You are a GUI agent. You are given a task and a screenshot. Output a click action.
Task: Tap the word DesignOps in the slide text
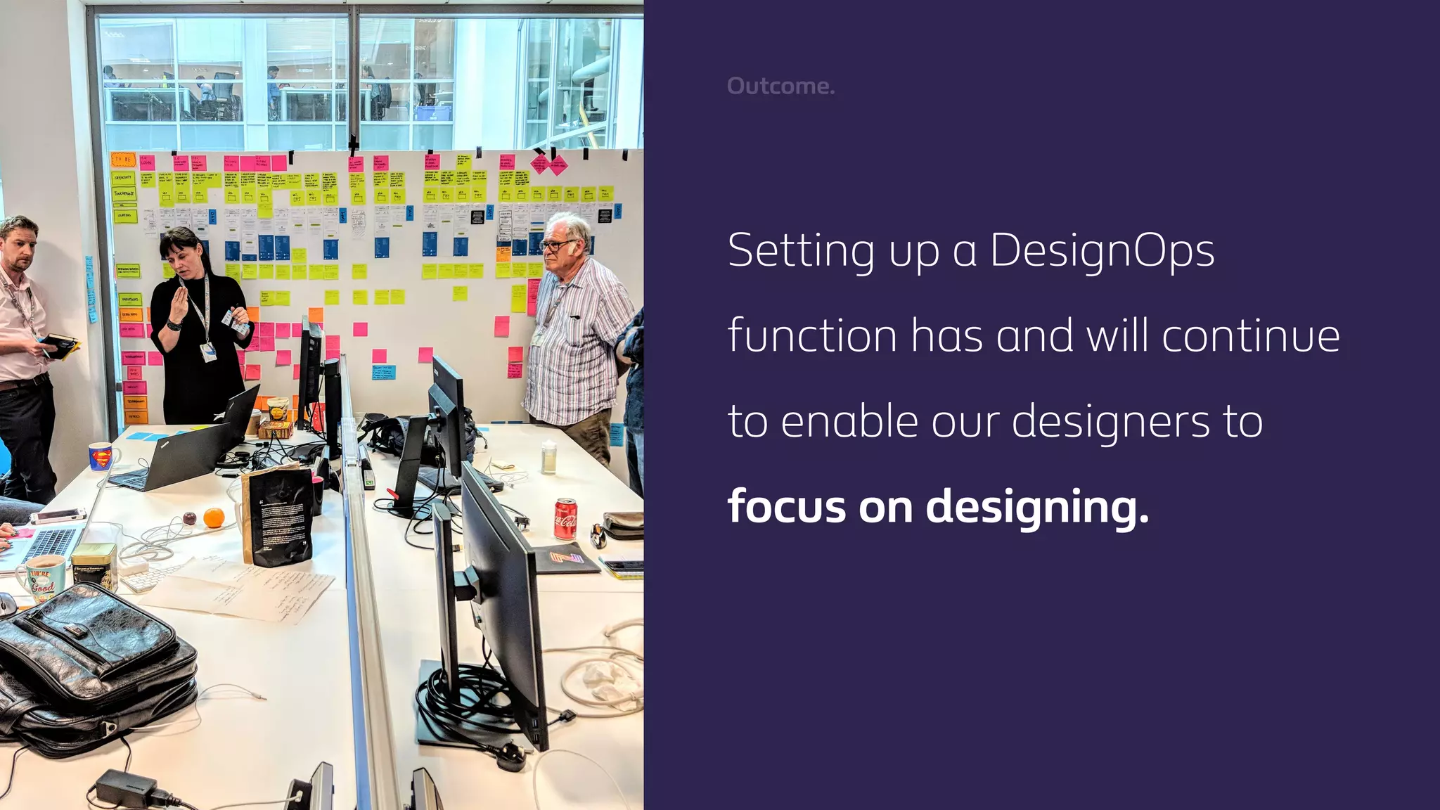click(x=1102, y=251)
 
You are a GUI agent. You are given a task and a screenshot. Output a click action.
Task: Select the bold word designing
click(x=1037, y=506)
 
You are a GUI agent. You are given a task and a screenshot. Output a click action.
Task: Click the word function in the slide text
click(x=812, y=335)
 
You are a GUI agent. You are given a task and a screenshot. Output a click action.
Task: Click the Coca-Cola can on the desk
click(x=566, y=519)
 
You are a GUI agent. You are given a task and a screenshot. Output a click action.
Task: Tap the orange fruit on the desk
click(x=214, y=518)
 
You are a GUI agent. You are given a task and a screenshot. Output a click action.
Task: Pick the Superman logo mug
click(x=101, y=457)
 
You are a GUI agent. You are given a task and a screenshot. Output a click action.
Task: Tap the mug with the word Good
click(x=41, y=578)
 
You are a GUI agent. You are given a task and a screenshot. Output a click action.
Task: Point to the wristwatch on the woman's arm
click(x=173, y=324)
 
